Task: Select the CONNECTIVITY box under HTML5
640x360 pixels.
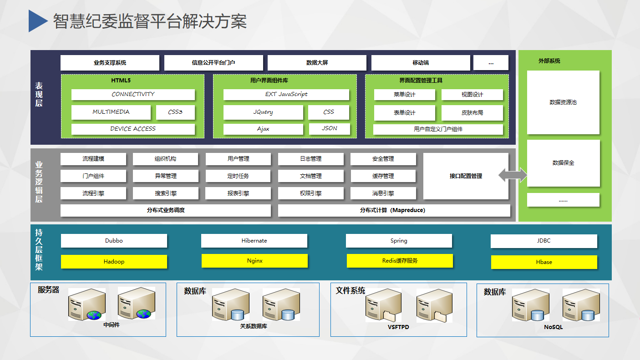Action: pos(133,94)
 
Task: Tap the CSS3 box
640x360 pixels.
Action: pos(175,112)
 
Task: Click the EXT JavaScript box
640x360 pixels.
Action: pos(286,94)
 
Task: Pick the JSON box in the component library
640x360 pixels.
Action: pos(330,128)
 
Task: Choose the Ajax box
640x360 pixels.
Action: pos(263,129)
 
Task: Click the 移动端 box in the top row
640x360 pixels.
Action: pos(421,62)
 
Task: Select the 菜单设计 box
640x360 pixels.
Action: pos(405,95)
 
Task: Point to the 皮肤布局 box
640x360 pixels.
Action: pos(472,112)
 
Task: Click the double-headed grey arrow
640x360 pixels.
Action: pos(513,175)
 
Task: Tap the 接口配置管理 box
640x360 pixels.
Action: pos(466,176)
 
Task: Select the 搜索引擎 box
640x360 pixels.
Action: pos(166,193)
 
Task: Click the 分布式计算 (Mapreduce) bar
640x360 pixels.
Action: pos(394,210)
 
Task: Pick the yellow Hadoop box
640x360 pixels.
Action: pos(114,262)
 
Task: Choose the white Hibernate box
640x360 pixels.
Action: pos(254,241)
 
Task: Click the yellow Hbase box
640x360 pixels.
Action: pos(544,262)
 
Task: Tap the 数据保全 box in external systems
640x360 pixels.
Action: pos(564,163)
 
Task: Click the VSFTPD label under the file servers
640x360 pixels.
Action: pos(398,327)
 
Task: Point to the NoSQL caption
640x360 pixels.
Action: pos(553,327)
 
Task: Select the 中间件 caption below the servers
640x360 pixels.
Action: pos(112,325)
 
